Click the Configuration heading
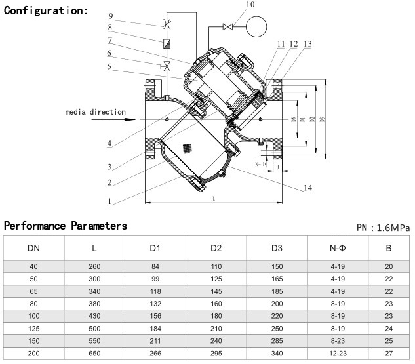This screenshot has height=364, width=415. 46,11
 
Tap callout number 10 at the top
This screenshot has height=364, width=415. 231,5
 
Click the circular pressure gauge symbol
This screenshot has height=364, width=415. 256,26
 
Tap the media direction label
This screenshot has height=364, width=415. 95,112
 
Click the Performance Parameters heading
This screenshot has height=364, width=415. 66,226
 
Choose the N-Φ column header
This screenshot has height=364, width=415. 338,249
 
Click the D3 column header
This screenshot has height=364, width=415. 277,249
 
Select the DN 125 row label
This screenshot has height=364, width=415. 33,329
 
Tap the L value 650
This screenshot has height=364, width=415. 94,352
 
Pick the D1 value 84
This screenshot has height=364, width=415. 155,266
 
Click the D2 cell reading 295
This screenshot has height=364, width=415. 216,352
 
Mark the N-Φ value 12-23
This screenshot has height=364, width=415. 338,352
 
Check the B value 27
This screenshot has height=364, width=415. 388,352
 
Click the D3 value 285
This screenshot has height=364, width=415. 277,340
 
